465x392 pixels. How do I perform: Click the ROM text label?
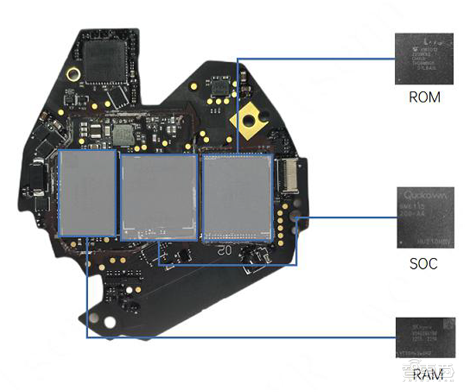click(424, 96)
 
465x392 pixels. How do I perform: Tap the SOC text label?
click(423, 264)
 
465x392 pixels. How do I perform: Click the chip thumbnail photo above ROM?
click(424, 59)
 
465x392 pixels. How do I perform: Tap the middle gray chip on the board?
click(158, 196)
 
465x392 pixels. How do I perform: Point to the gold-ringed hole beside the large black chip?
click(73, 74)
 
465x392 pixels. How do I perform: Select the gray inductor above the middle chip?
click(123, 135)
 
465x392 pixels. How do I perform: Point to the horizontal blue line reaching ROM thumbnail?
click(314, 58)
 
